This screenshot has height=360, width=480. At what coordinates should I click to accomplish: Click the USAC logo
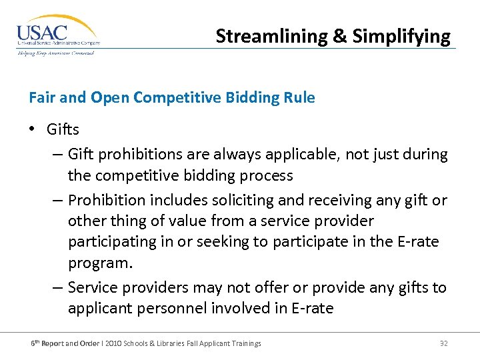point(57,34)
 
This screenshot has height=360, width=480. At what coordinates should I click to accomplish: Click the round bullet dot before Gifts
point(33,129)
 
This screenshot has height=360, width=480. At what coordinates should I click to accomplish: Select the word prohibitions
point(135,154)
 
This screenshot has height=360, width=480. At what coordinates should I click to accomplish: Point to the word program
point(100,263)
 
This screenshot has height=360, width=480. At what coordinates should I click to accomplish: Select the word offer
point(235,287)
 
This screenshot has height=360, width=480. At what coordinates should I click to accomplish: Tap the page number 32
point(443,343)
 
